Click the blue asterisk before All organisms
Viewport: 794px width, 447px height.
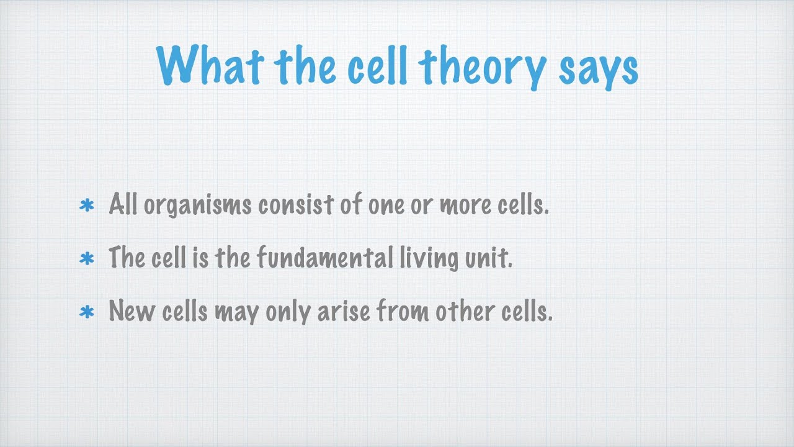pos(87,205)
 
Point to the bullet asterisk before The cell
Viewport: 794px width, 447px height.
pos(87,259)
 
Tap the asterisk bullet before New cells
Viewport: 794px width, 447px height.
pos(87,312)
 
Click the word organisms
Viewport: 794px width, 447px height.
pos(198,205)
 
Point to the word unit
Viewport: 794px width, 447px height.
pos(489,258)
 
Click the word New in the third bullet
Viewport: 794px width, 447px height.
pos(132,310)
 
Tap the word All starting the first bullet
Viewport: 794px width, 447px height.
pos(123,204)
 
